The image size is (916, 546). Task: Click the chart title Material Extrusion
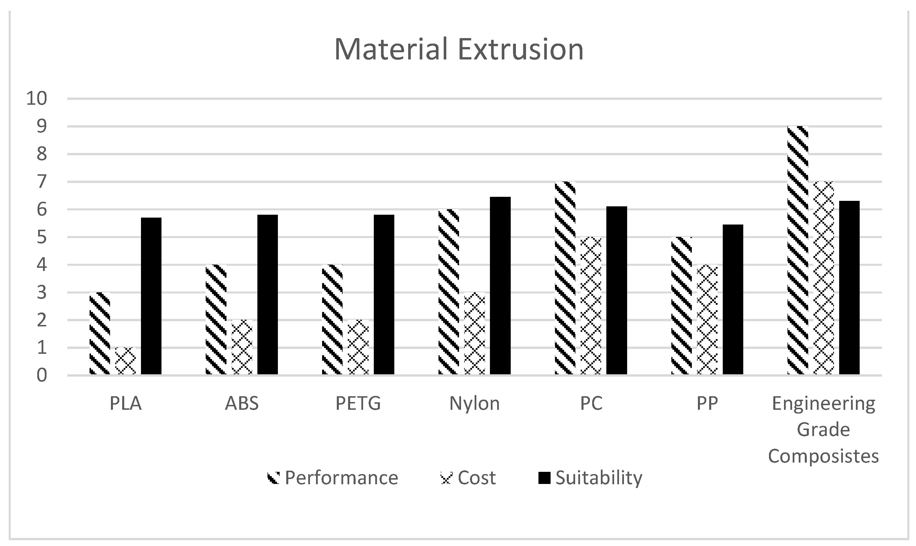click(x=459, y=49)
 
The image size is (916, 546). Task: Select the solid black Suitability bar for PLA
click(x=151, y=296)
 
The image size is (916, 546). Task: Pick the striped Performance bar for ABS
click(x=216, y=319)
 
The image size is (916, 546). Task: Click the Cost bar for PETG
click(x=358, y=347)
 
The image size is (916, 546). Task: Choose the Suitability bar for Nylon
click(x=500, y=286)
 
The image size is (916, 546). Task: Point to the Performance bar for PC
click(x=565, y=278)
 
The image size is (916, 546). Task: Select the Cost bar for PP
click(x=707, y=319)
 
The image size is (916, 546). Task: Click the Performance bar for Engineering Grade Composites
click(x=798, y=250)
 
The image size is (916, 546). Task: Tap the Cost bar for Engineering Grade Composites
click(x=824, y=278)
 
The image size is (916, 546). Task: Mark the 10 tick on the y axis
click(x=37, y=99)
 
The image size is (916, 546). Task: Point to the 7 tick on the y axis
click(x=41, y=182)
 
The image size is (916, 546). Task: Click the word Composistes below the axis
click(x=823, y=456)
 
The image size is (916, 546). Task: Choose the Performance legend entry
click(x=333, y=478)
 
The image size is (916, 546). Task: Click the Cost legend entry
click(x=468, y=478)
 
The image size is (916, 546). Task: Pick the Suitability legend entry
click(x=590, y=478)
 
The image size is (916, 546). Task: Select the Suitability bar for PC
click(x=617, y=291)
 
